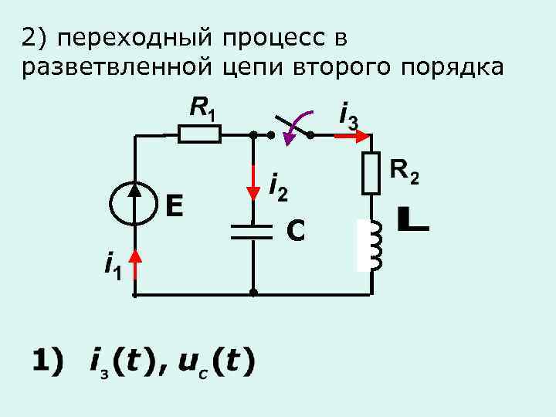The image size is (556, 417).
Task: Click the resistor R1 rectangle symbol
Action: tap(199, 134)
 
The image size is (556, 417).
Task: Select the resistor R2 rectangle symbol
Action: tap(371, 173)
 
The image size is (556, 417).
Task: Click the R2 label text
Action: tap(405, 171)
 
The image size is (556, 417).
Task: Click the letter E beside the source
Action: tap(174, 205)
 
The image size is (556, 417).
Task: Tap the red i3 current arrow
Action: tap(352, 135)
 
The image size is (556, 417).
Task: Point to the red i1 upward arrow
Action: tap(136, 264)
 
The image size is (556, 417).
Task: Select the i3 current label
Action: tap(348, 115)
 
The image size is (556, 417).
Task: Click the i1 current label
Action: tap(113, 269)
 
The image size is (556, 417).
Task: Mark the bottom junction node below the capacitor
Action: tap(253, 294)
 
